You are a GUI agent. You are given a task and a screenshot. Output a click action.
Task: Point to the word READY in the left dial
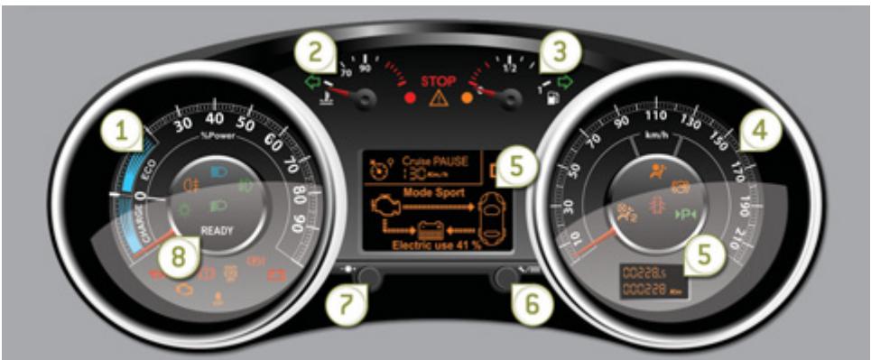217,231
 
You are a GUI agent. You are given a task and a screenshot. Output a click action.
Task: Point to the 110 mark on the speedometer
655,115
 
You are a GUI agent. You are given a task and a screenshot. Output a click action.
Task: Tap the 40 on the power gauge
215,118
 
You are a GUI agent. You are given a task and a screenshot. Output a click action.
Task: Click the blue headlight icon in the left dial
218,170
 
